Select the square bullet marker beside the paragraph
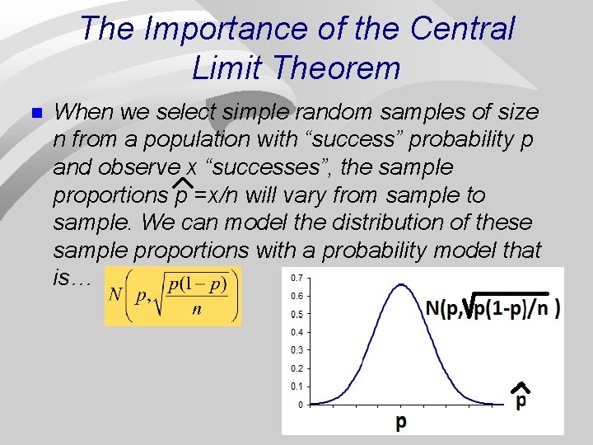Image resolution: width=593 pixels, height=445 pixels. tap(33, 113)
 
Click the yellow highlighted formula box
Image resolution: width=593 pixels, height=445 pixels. tap(173, 296)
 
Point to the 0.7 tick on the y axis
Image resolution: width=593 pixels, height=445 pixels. tap(296, 277)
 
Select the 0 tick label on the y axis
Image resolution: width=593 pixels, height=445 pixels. tap(300, 405)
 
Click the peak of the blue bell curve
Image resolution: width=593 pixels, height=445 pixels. tap(401, 286)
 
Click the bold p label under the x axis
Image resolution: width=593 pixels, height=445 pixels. tap(401, 422)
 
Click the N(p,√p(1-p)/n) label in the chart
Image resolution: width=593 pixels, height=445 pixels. tap(493, 307)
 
